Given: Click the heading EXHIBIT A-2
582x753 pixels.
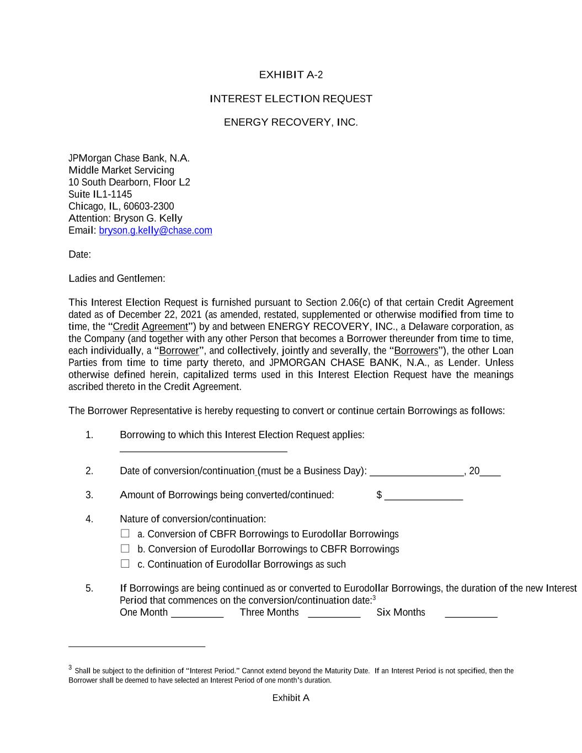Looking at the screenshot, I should (x=291, y=75).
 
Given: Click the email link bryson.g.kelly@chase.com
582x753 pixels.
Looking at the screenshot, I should (x=155, y=231).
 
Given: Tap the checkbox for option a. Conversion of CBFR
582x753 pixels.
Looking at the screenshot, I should (x=125, y=533).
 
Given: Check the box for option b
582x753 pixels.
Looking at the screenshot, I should (x=125, y=548).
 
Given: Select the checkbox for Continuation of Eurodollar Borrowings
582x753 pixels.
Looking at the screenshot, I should (x=125, y=564).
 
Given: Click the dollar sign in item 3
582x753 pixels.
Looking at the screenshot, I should (x=379, y=495).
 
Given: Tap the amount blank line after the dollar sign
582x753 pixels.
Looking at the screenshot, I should (x=423, y=498).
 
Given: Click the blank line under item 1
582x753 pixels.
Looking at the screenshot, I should (x=203, y=450).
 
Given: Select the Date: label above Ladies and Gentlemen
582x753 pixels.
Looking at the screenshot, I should (x=79, y=255).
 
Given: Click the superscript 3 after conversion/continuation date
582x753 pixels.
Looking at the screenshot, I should (x=374, y=598).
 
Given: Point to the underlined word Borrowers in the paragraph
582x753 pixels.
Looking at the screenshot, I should (x=416, y=351).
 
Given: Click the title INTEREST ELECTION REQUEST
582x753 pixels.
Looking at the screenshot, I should (x=291, y=99).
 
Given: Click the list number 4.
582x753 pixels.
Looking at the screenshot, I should (x=89, y=519).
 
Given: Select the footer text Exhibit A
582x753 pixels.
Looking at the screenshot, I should (x=291, y=698).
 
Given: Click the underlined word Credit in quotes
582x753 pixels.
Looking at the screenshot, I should (x=126, y=327).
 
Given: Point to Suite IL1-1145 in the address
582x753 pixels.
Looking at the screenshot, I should (x=100, y=194).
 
